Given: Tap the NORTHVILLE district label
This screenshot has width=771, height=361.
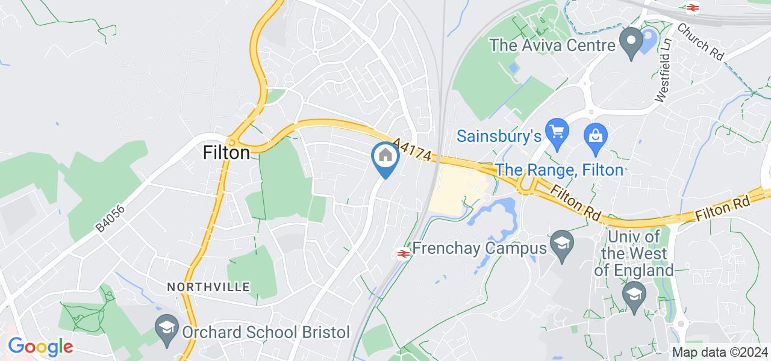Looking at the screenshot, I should [208, 287].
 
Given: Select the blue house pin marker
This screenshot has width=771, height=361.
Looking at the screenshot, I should [385, 157].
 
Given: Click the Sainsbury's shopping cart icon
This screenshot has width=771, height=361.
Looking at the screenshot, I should [555, 131].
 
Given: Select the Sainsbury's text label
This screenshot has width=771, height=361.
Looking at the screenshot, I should [500, 136].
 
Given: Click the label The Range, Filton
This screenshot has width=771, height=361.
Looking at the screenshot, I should [559, 170].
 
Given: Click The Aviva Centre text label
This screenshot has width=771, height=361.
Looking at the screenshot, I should [552, 45].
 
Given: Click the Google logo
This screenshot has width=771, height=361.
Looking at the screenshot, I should [40, 347].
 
